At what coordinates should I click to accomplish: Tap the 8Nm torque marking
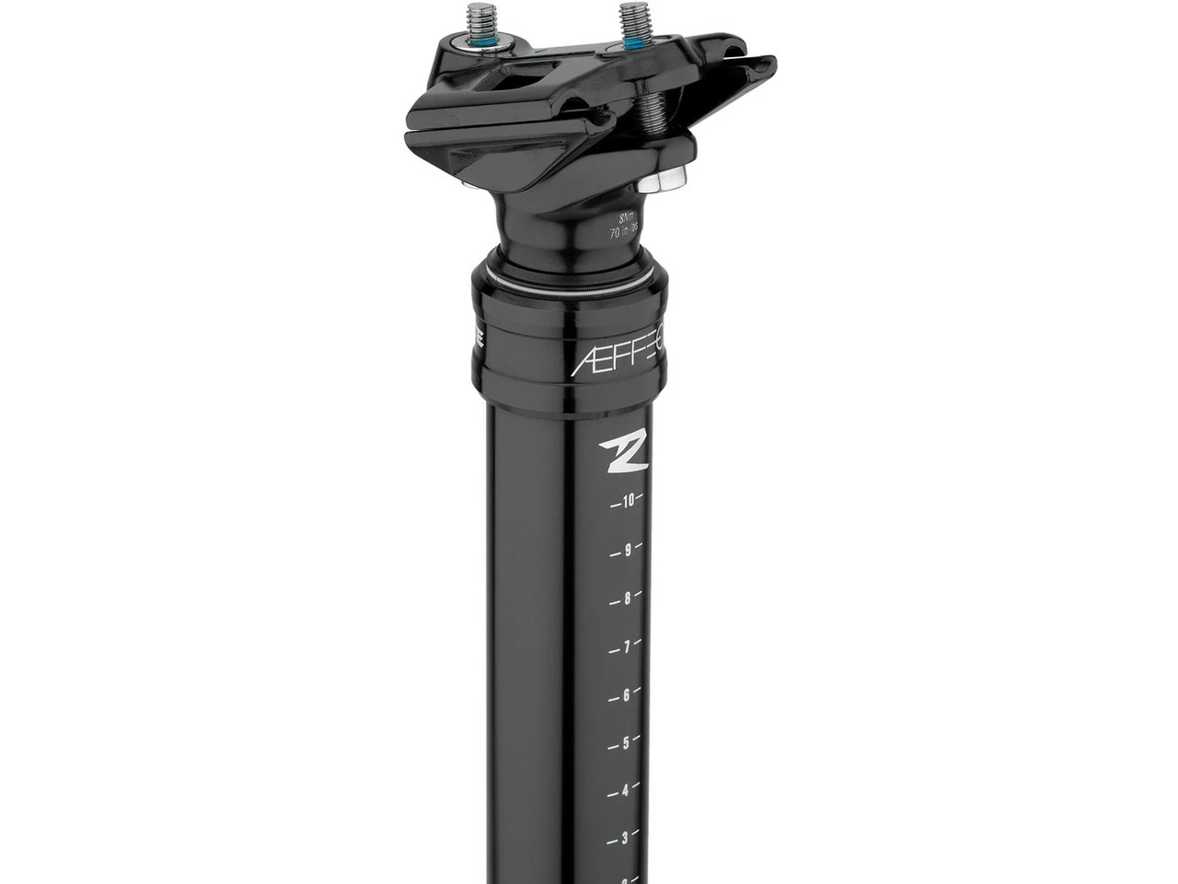pos(628,219)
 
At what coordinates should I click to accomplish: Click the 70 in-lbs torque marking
pos(626,234)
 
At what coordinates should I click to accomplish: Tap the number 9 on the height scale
pos(628,551)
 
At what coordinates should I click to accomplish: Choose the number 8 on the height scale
pos(628,599)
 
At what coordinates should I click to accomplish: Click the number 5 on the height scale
pos(627,743)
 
